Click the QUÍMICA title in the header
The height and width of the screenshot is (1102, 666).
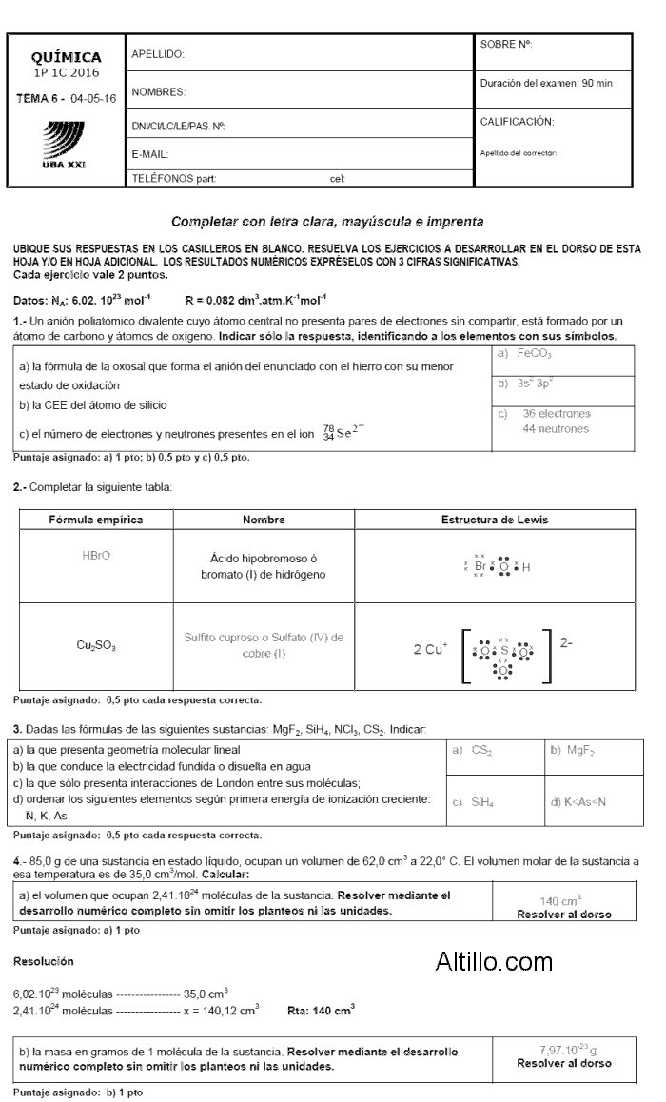tap(67, 57)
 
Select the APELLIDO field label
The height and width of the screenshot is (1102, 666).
tap(157, 54)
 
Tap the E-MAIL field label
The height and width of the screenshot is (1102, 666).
tap(150, 154)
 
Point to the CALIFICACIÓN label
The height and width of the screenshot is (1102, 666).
tap(517, 121)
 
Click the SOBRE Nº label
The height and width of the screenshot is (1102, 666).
tap(505, 44)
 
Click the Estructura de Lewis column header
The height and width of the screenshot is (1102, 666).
tap(494, 520)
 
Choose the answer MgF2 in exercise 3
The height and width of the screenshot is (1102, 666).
tap(570, 752)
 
